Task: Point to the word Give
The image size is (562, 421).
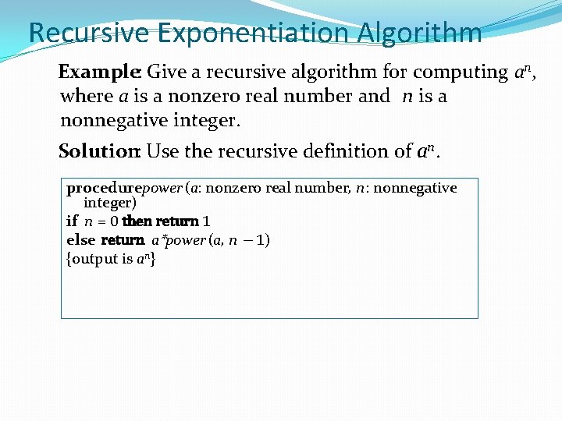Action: point(166,73)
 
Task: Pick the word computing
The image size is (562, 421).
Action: point(460,73)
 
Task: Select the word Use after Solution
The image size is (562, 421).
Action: point(163,150)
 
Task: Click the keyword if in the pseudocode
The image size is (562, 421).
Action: point(72,221)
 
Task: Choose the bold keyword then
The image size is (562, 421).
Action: point(137,221)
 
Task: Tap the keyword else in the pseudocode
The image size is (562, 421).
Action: point(80,240)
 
